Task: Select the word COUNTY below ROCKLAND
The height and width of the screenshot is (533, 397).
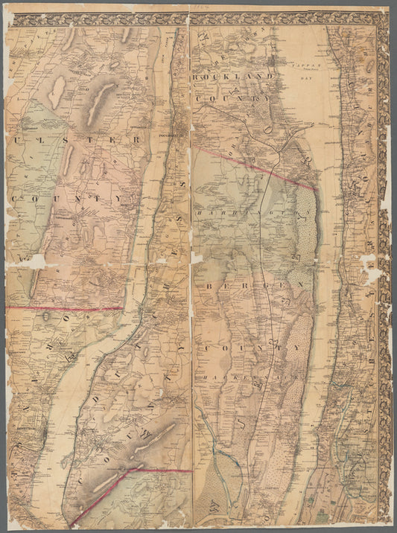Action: (x=231, y=98)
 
